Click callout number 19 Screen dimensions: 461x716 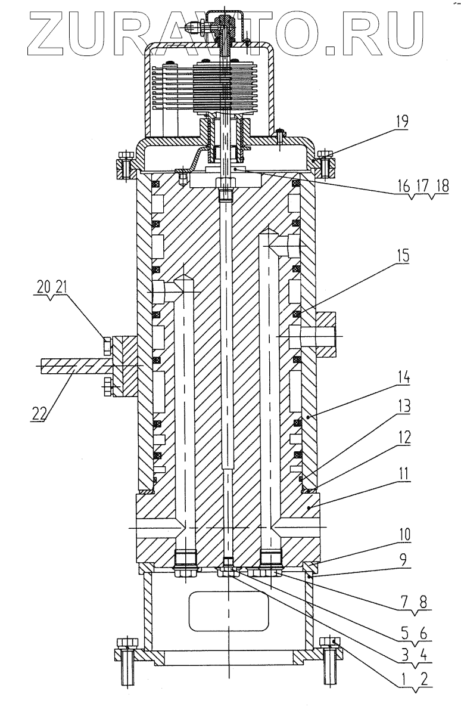point(401,122)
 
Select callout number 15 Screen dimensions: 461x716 point(402,256)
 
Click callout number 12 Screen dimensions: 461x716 point(404,438)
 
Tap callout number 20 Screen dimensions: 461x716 point(43,287)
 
